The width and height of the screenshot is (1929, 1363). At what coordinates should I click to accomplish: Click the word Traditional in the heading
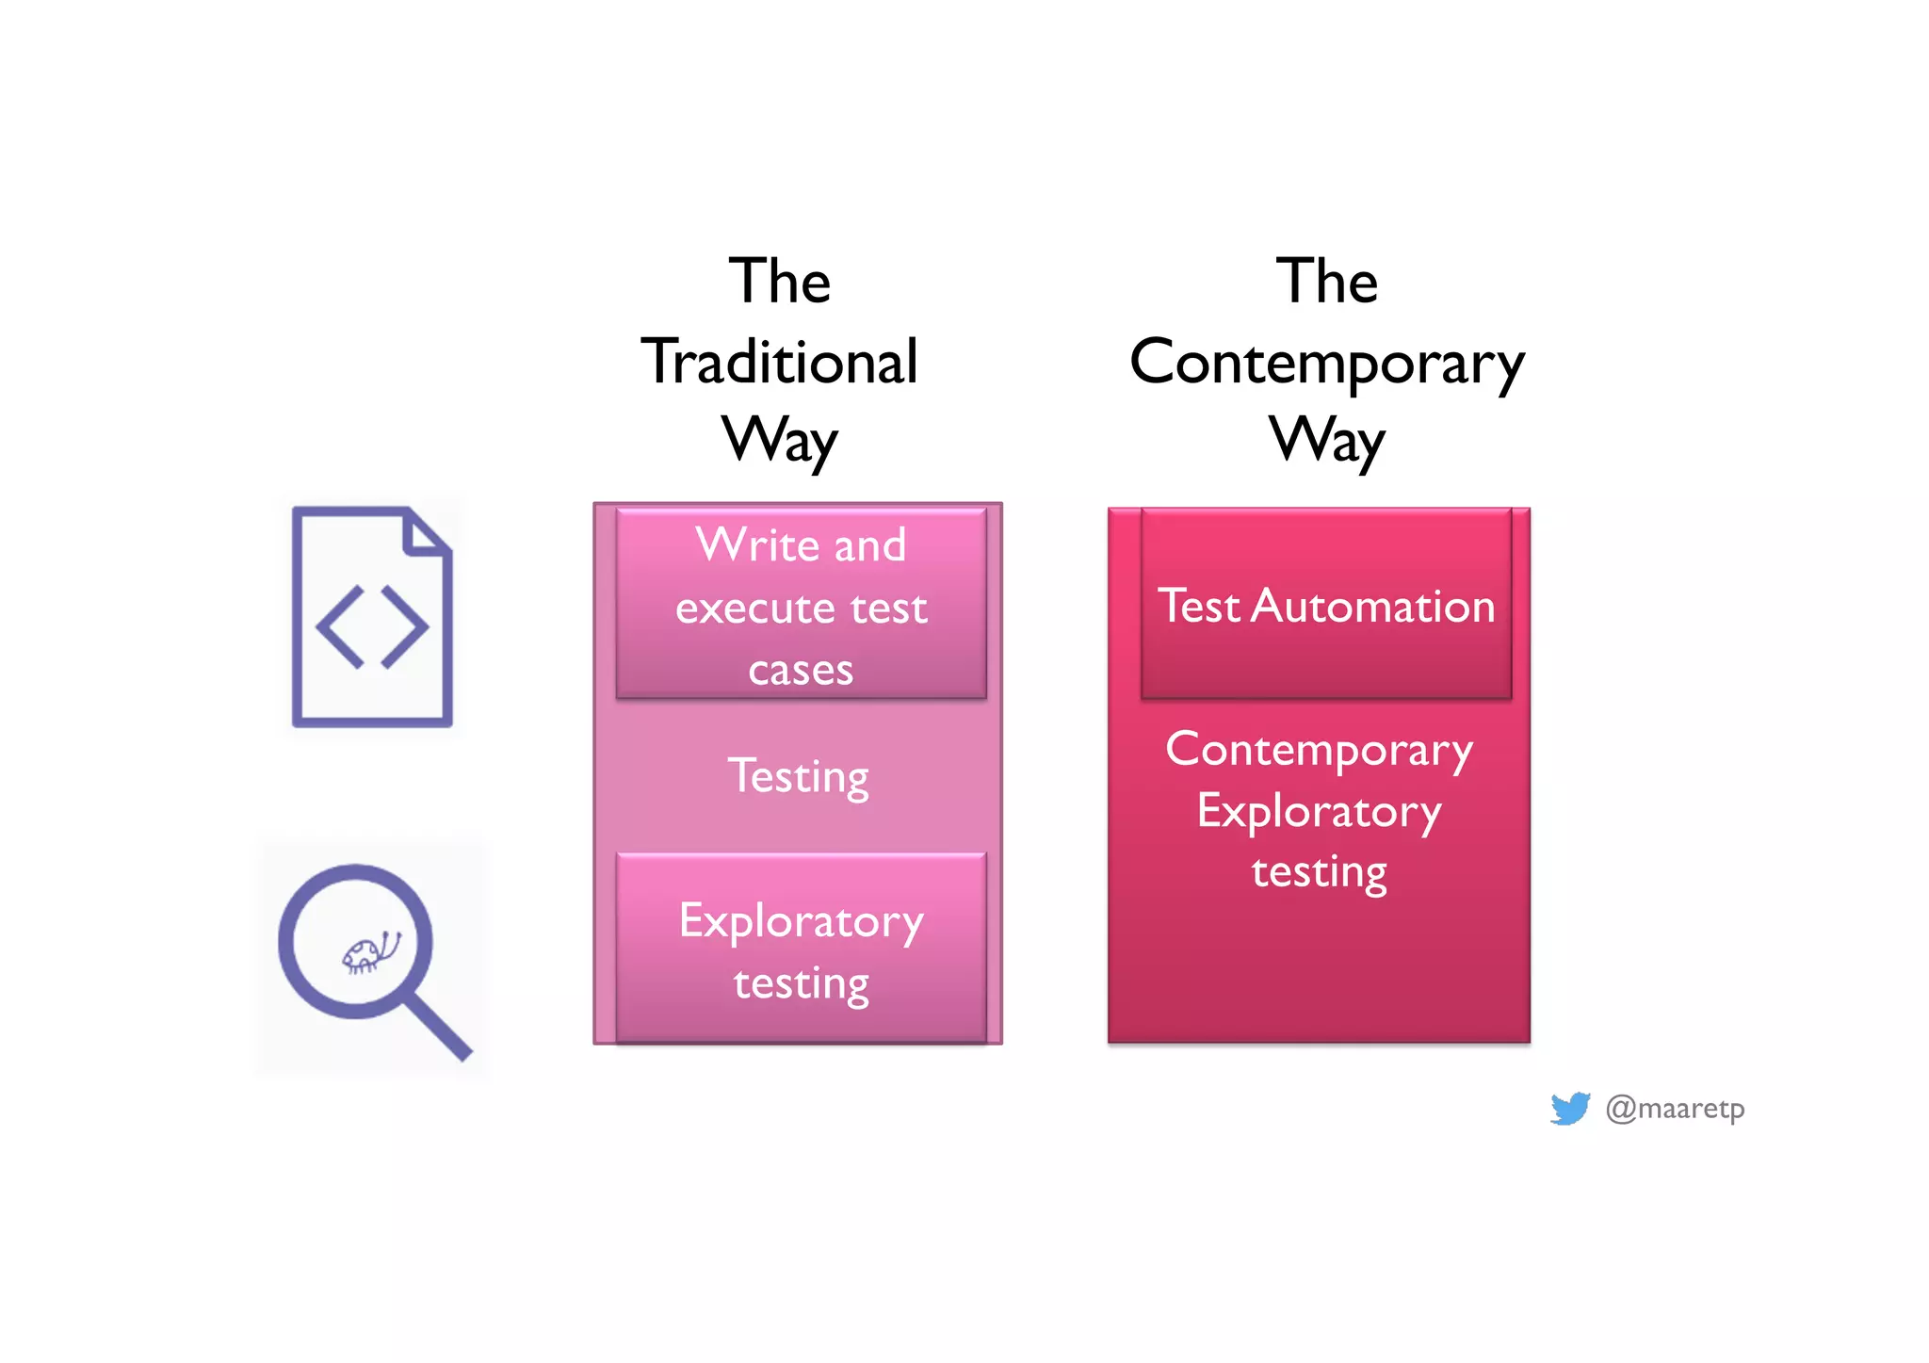[x=779, y=362]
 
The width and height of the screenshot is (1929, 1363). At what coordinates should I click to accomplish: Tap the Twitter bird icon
[x=1569, y=1109]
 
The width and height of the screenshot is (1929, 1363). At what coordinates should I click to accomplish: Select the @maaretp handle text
[x=1675, y=1109]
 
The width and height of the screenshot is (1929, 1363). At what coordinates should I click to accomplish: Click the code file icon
[x=372, y=617]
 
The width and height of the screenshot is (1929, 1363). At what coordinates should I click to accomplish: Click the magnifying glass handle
[x=439, y=1027]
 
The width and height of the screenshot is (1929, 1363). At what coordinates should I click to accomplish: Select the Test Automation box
[x=1326, y=605]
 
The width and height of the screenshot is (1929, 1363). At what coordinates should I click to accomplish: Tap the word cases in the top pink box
[x=801, y=671]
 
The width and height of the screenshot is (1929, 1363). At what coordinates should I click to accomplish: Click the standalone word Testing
[x=799, y=777]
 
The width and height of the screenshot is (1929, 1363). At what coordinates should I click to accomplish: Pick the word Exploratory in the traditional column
[x=801, y=921]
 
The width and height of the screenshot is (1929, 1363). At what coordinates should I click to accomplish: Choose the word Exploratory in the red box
[x=1319, y=812]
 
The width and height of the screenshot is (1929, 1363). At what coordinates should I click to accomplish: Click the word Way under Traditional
[x=779, y=441]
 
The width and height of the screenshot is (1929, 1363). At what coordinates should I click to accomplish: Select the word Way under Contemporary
[x=1326, y=441]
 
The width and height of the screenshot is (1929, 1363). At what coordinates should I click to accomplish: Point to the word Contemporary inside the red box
[x=1319, y=751]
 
